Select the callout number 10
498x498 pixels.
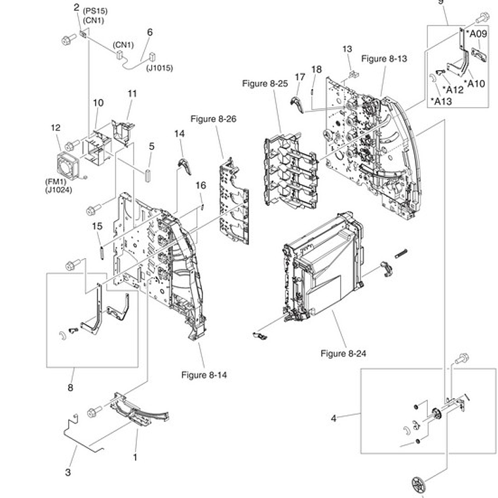tap(98, 103)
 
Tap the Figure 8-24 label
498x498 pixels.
tap(343, 354)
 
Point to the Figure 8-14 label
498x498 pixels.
tap(204, 375)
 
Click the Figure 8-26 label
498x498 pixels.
tap(213, 119)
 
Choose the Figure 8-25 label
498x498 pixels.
tap(265, 83)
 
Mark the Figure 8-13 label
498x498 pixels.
tap(384, 58)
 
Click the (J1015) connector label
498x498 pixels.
tap(159, 67)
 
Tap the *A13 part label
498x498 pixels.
tap(441, 101)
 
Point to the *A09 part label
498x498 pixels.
tap(476, 33)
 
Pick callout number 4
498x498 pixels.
tap(334, 418)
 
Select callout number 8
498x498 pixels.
tap(70, 388)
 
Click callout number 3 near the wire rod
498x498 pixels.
tap(67, 472)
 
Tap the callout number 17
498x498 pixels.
tap(300, 77)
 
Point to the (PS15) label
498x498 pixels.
tap(94, 11)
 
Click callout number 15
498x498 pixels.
tap(97, 226)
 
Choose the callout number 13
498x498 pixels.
tap(347, 49)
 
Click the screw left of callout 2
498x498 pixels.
tap(67, 40)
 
